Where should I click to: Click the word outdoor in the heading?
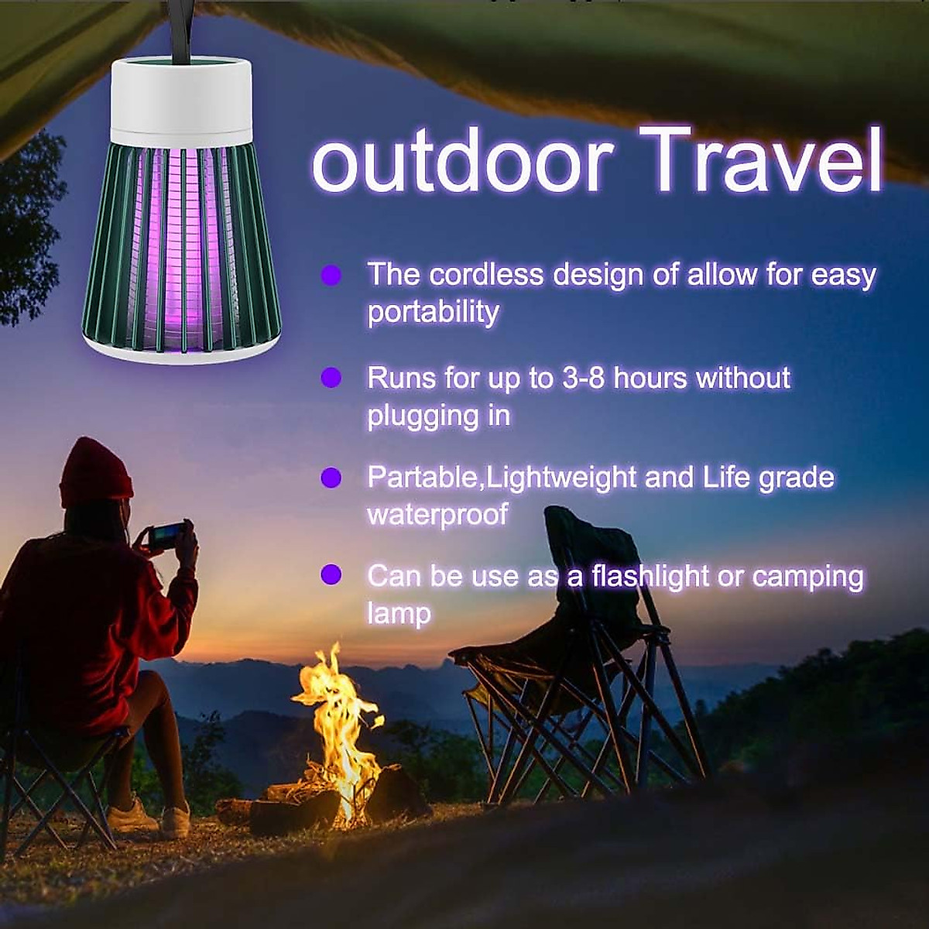[x=462, y=162]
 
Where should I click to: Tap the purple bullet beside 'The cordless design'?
[x=331, y=275]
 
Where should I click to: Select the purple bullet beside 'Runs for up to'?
[x=331, y=378]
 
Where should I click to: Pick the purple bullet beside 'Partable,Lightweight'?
[x=331, y=478]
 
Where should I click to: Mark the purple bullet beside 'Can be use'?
[x=331, y=575]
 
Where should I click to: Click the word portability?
[x=433, y=312]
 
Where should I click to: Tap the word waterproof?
[x=437, y=514]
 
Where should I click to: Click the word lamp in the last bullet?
[x=398, y=613]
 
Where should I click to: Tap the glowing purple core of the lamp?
[x=184, y=248]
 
